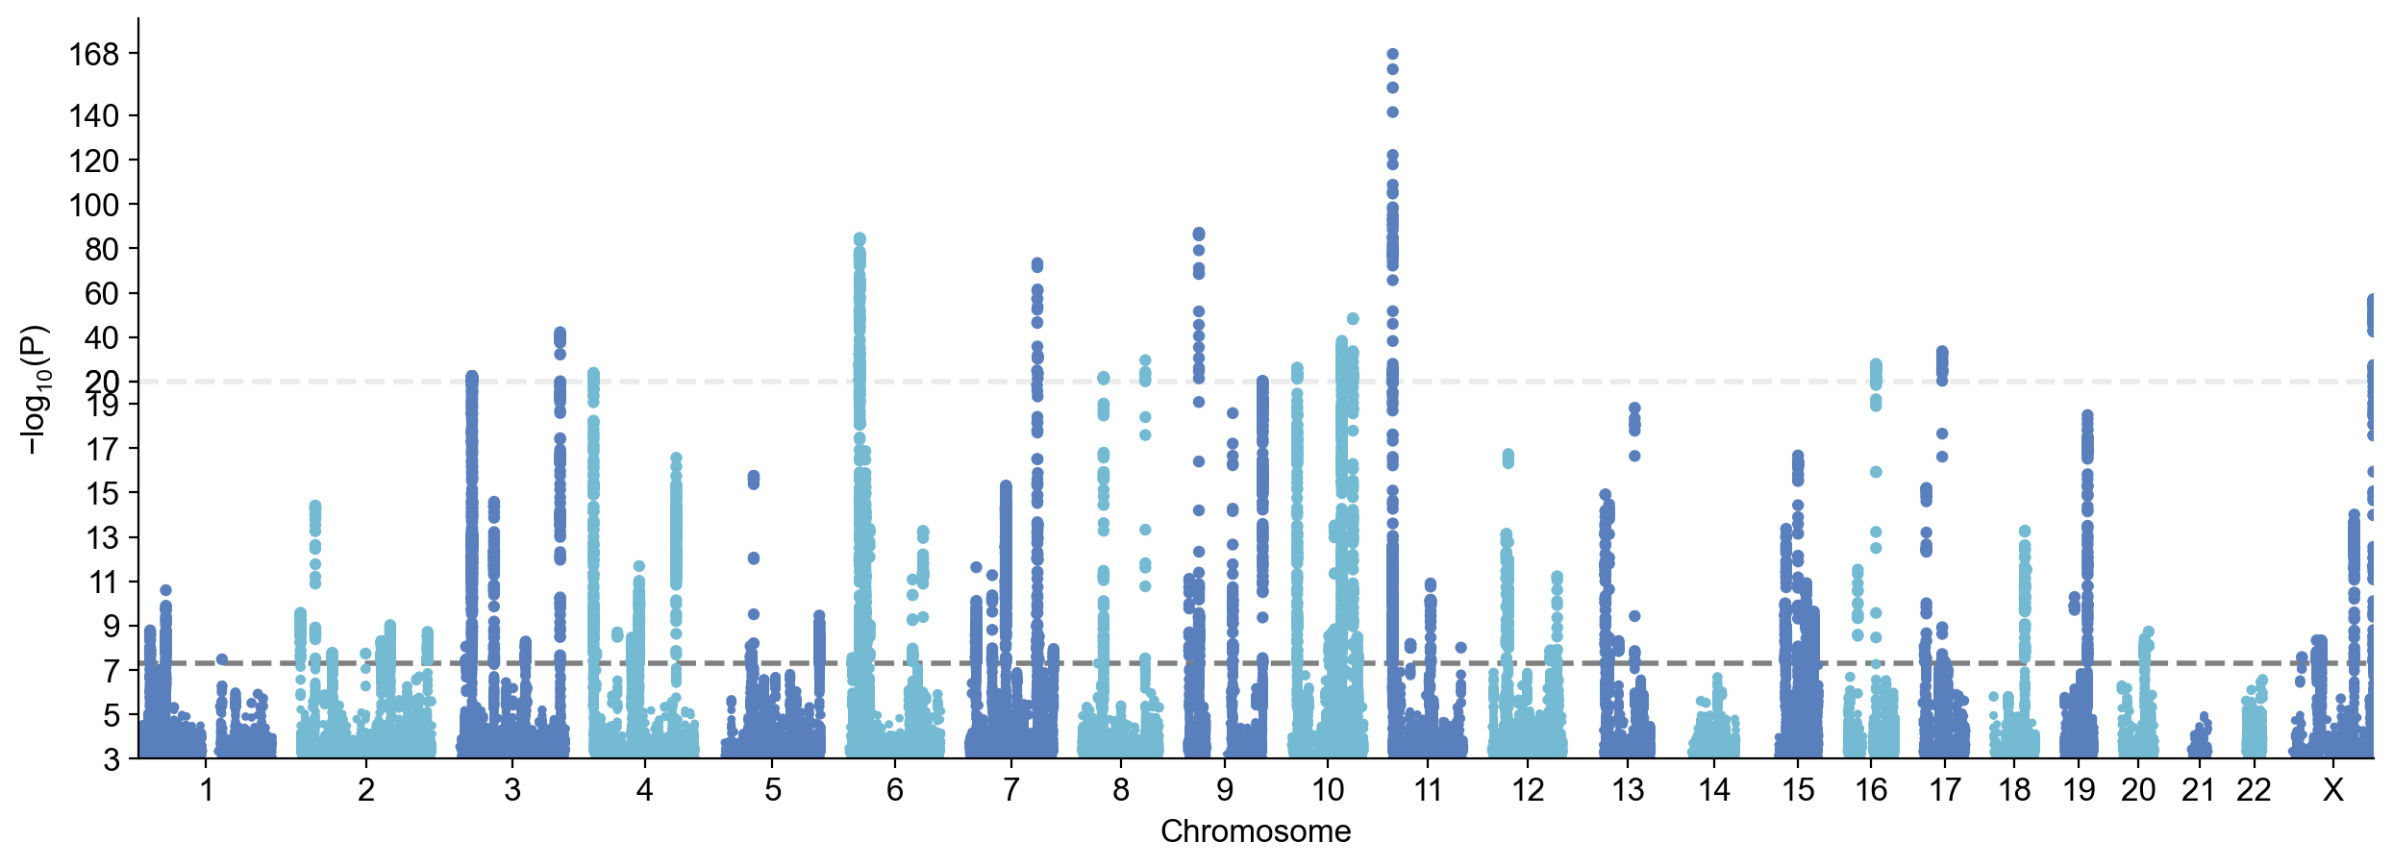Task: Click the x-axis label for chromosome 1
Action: pos(206,790)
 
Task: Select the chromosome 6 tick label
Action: pos(895,790)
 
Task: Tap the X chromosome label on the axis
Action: pos(2332,790)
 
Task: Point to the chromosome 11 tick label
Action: pos(1428,790)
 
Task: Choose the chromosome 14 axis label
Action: pos(1713,790)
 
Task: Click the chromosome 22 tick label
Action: pos(2254,790)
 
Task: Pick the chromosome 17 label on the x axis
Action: pos(1944,790)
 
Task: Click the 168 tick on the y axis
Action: pos(93,55)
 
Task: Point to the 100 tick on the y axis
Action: pos(93,205)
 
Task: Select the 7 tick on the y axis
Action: pos(112,671)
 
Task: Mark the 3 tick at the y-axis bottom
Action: pos(112,759)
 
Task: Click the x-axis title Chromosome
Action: pos(1255,831)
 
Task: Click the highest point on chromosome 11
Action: pos(1392,55)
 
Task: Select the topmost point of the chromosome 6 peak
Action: pos(860,238)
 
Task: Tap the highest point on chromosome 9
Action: pos(1199,234)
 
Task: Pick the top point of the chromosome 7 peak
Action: pos(1037,263)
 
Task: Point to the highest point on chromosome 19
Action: pos(2087,415)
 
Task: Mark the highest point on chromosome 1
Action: pos(165,590)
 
